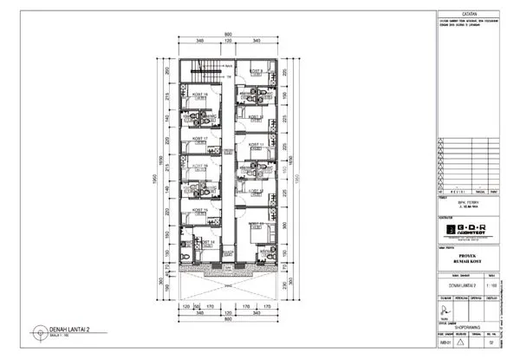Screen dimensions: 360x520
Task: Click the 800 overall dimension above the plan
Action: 228,35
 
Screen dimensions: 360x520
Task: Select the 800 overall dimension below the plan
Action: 228,318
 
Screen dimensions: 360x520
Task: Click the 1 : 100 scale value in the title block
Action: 491,284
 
